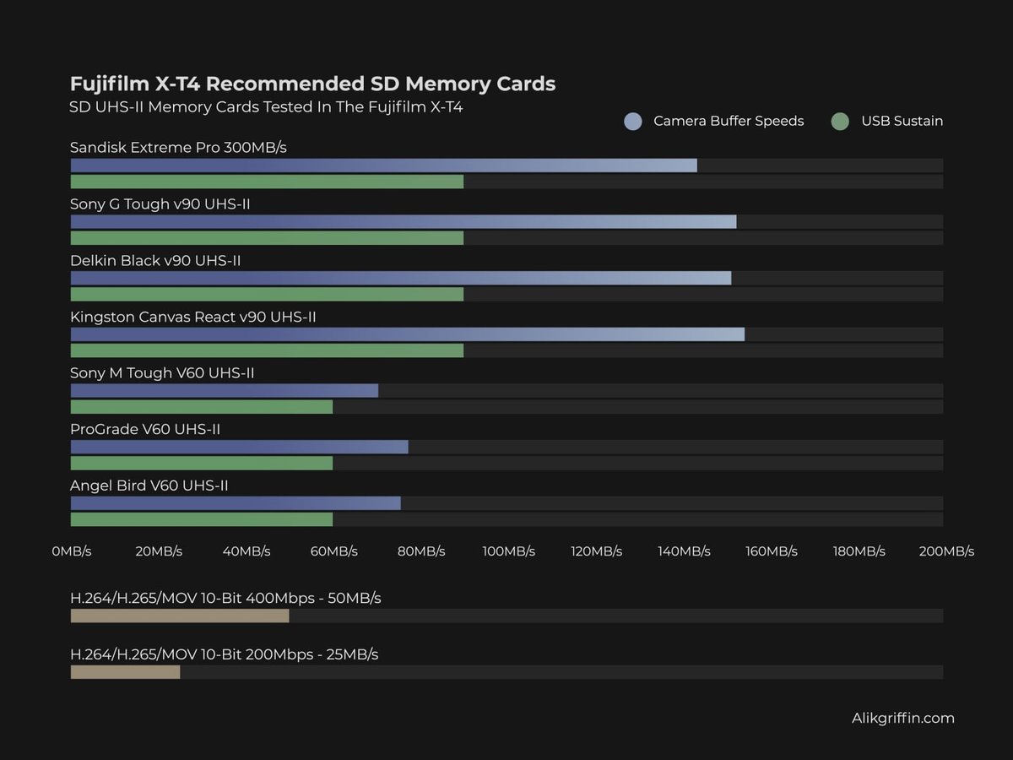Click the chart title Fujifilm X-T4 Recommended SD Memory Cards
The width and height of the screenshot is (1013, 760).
click(312, 84)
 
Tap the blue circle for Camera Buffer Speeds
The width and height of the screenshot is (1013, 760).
click(633, 122)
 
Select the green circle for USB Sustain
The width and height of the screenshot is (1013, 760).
click(839, 122)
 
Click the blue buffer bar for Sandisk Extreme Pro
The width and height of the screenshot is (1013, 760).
click(383, 166)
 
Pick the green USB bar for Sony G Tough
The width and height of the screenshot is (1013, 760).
click(267, 238)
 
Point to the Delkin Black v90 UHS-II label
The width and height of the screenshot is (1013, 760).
click(155, 261)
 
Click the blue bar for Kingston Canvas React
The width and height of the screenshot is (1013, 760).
click(407, 334)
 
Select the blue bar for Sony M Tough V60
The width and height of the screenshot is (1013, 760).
click(224, 391)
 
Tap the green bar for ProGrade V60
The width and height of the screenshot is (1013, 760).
click(201, 464)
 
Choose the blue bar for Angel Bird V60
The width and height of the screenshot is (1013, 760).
click(235, 503)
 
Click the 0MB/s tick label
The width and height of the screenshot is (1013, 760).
click(71, 551)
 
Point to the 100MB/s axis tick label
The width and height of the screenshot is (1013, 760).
click(508, 551)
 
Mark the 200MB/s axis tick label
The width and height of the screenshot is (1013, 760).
click(946, 551)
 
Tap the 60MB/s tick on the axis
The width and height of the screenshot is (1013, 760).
click(333, 551)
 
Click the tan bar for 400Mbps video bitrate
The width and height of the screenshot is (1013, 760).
click(180, 616)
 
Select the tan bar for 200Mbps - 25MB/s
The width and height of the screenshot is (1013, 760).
click(125, 672)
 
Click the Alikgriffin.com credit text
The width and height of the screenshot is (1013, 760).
click(902, 719)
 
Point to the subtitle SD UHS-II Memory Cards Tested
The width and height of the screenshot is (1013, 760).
click(266, 107)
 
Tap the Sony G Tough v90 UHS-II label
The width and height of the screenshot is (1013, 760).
click(160, 204)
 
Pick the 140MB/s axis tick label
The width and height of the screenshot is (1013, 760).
click(684, 551)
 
